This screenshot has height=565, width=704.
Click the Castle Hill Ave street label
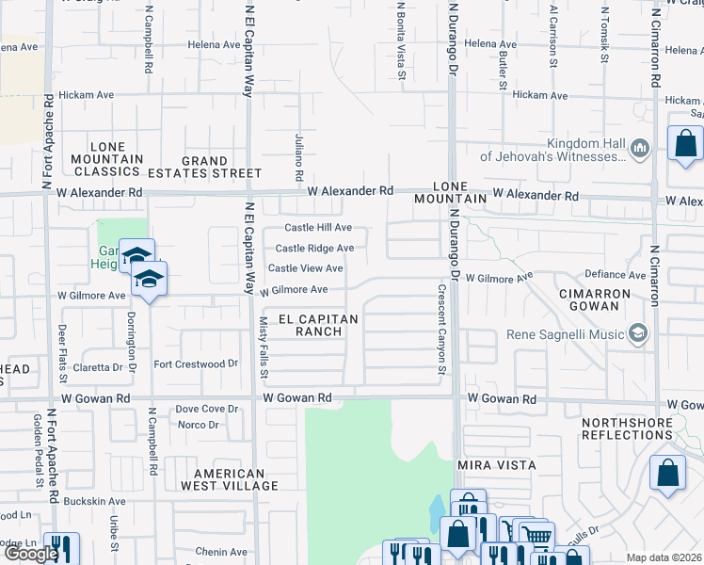click(x=318, y=228)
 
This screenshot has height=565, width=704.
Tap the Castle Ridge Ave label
click(x=314, y=249)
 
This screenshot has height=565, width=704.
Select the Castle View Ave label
click(x=305, y=268)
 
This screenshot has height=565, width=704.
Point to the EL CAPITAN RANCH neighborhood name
click(x=313, y=325)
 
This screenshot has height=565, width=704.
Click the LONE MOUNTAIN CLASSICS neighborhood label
click(x=106, y=159)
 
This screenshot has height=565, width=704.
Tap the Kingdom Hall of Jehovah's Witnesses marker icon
click(x=640, y=148)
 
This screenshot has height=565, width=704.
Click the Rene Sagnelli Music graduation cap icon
click(x=639, y=334)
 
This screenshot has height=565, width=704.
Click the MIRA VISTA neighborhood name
click(x=496, y=465)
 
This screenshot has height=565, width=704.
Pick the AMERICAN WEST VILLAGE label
click(x=236, y=479)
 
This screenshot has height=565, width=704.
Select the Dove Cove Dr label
click(x=207, y=409)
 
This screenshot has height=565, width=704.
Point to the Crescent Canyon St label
click(x=440, y=329)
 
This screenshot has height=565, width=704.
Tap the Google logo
click(x=30, y=554)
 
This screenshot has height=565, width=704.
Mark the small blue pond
click(x=438, y=512)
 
